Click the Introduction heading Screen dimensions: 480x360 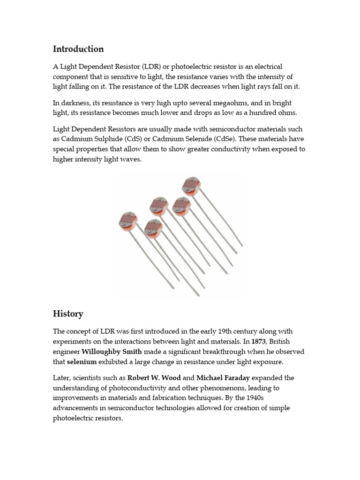(x=78, y=49)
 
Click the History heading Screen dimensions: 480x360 (x=68, y=314)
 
